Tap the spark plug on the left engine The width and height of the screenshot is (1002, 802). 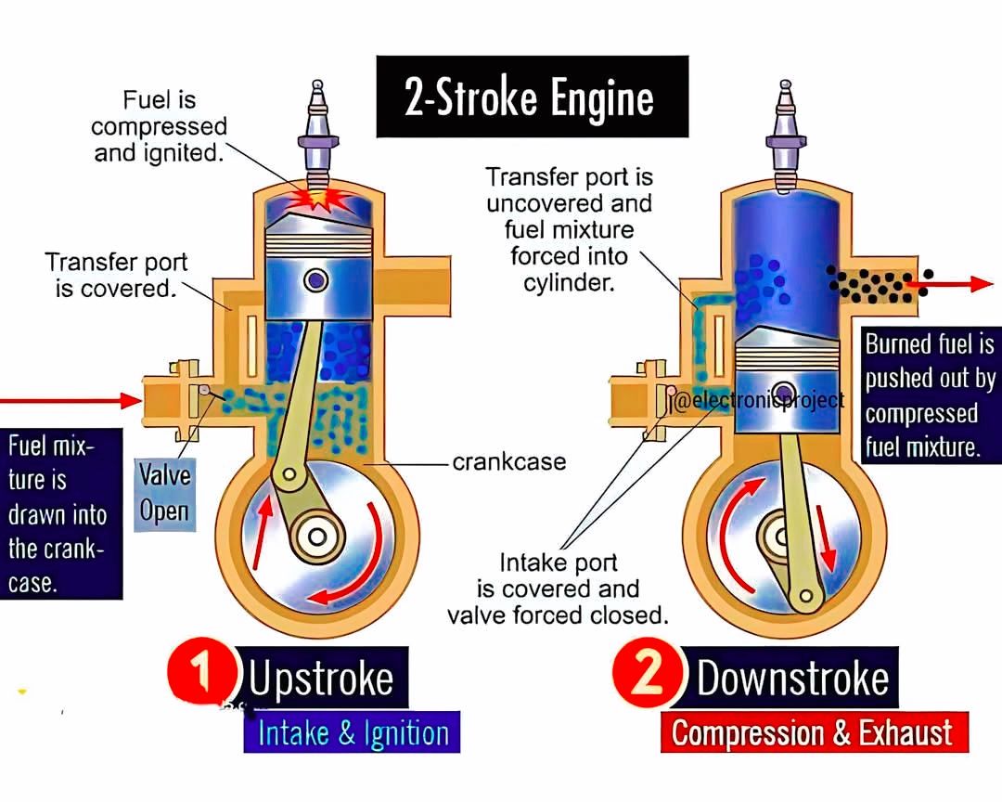[317, 134]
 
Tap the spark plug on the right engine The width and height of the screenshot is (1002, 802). [786, 135]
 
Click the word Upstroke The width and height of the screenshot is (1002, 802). [321, 679]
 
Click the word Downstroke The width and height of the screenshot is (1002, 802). [792, 678]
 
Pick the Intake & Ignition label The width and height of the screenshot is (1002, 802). [353, 732]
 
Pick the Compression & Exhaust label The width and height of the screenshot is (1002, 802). [814, 732]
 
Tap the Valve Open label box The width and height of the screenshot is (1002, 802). [165, 493]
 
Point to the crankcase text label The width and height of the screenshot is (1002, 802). [509, 461]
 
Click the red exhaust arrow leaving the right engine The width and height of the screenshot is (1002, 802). [950, 284]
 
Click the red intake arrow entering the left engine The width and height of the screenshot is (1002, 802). [71, 401]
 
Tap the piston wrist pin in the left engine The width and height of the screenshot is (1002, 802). [316, 280]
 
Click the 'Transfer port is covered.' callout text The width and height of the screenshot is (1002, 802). [116, 275]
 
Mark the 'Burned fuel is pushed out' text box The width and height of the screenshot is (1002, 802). [930, 395]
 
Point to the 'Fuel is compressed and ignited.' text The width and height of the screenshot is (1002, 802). [159, 126]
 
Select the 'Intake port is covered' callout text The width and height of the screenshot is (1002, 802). [558, 589]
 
